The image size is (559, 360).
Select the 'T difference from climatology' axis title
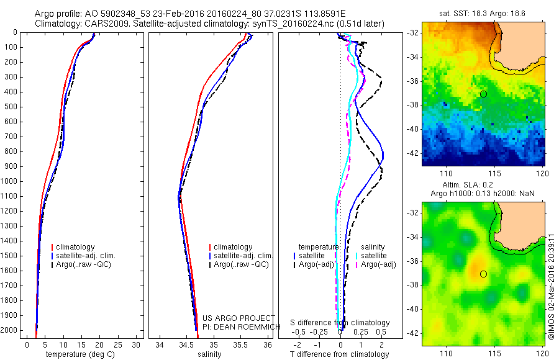339,354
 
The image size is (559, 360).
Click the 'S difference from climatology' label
340,323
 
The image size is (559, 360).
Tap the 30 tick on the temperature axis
137,344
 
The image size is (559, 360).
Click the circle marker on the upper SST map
483,94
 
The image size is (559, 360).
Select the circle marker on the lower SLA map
483,274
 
